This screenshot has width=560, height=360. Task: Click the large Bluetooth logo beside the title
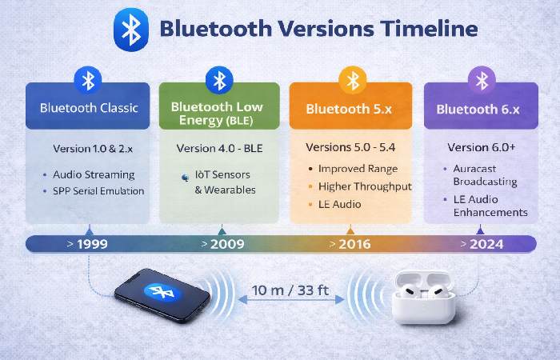click(x=130, y=30)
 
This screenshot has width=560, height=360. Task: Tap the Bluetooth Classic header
click(x=88, y=107)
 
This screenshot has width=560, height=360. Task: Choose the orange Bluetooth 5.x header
click(x=350, y=107)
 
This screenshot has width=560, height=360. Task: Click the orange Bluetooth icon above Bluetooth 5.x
click(x=350, y=80)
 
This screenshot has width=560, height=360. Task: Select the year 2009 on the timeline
click(x=227, y=244)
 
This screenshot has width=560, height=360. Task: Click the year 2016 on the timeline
click(x=354, y=244)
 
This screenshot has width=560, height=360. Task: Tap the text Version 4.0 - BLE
click(x=219, y=149)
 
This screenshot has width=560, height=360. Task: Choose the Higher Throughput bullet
click(x=365, y=186)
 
